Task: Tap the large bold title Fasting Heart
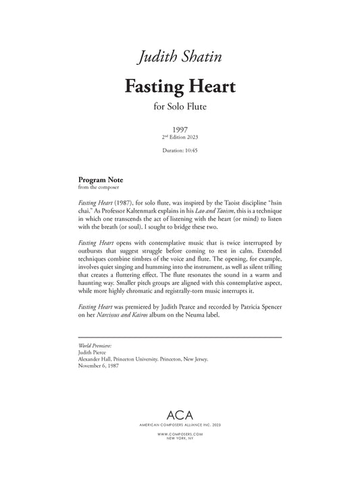179,87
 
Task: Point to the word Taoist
222,203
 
